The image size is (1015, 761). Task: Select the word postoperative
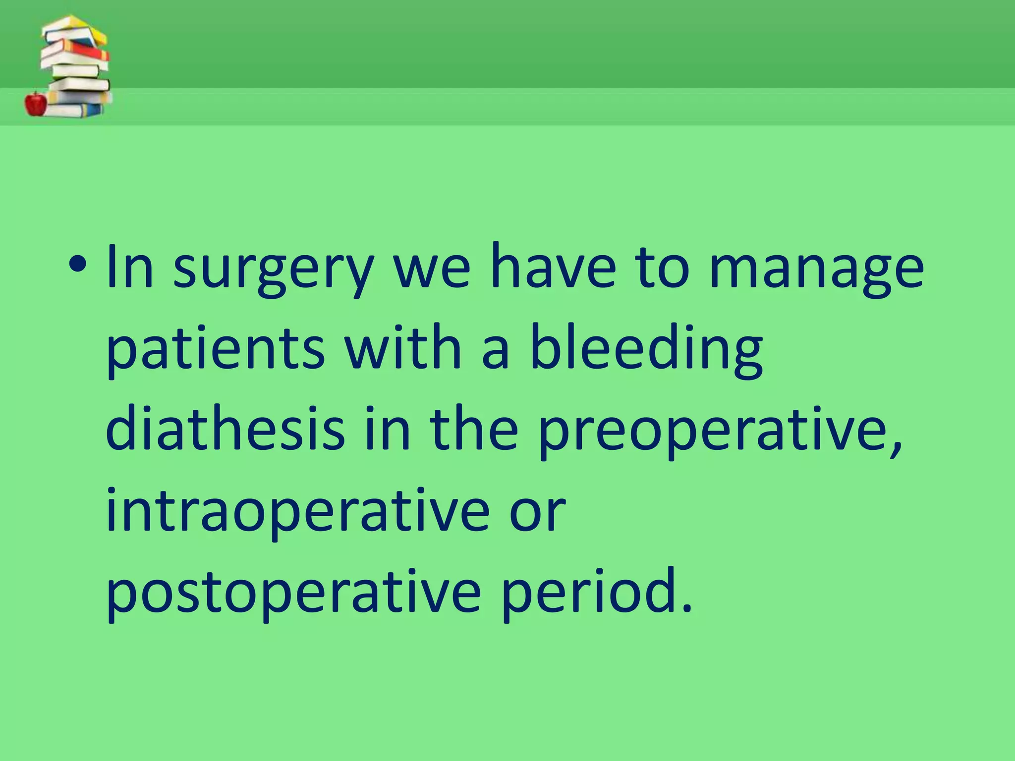tap(293, 592)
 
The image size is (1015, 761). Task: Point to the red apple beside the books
tap(36, 104)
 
